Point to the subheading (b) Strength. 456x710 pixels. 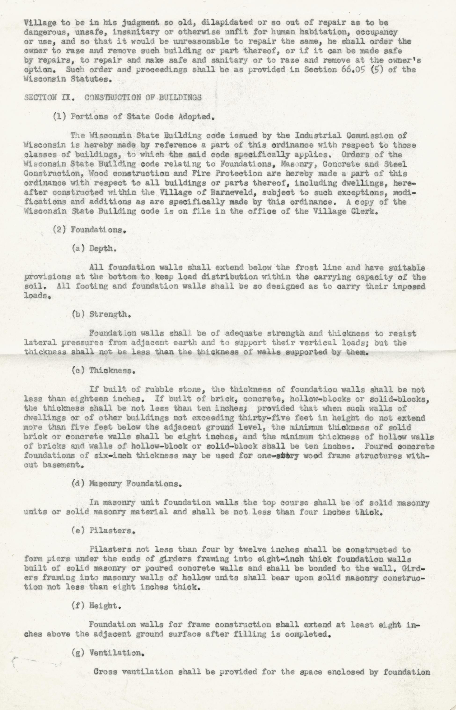tap(101, 314)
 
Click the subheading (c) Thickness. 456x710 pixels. tap(104, 370)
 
